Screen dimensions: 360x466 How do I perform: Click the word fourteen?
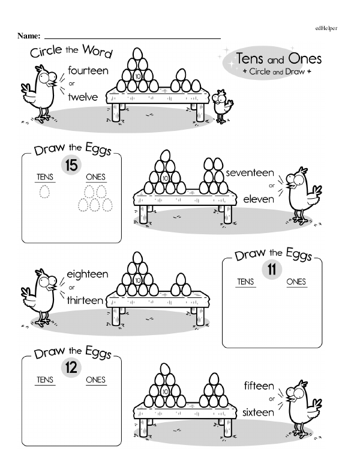point(88,71)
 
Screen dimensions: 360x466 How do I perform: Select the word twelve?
point(83,97)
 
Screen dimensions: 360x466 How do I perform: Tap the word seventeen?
point(250,173)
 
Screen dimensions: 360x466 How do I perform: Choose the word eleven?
point(259,199)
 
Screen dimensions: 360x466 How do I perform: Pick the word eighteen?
point(88,274)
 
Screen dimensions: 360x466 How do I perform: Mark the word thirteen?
point(85,300)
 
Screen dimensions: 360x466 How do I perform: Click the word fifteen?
point(259,386)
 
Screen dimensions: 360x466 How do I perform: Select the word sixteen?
point(258,412)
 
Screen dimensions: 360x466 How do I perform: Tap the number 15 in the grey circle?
point(71,165)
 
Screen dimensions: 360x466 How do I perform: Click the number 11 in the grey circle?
point(272,270)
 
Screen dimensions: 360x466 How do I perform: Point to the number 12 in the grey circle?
point(71,368)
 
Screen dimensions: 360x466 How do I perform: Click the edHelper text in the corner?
point(326,28)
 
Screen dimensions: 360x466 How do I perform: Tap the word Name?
point(29,36)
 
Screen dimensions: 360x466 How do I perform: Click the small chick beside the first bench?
point(222,106)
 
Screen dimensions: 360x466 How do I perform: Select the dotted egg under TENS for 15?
point(44,191)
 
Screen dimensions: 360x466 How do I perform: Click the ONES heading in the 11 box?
point(296,282)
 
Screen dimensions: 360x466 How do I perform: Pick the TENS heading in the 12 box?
point(45,380)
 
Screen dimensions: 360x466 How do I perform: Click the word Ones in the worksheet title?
point(305,58)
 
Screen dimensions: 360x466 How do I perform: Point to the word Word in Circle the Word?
point(97,51)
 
